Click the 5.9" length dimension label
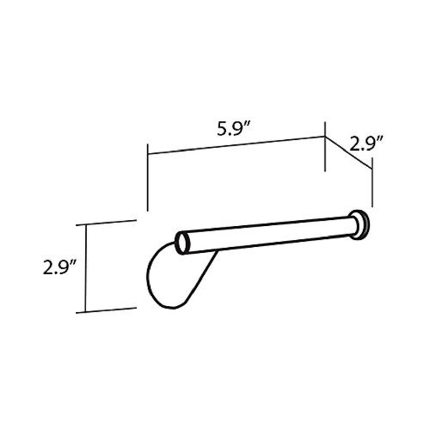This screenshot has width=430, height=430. click(233, 128)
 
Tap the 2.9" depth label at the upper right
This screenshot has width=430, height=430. click(366, 143)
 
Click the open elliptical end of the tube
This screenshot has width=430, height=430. click(182, 242)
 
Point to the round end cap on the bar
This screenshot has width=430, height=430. click(360, 225)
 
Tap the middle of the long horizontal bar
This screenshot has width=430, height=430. click(269, 235)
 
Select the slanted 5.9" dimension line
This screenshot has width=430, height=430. click(236, 145)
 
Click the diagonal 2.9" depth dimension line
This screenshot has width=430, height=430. click(348, 153)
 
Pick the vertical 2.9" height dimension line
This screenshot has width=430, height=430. click(86, 268)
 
